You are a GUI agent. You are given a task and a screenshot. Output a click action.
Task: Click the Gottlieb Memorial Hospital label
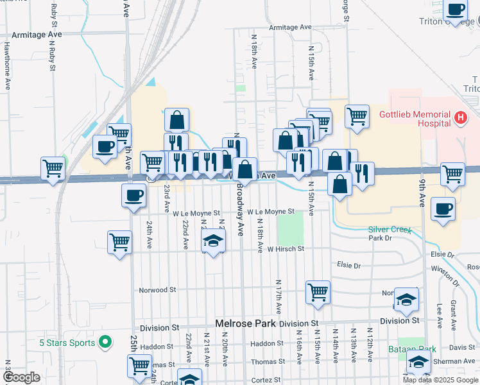[413, 118]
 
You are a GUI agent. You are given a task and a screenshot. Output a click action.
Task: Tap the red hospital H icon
[460, 118]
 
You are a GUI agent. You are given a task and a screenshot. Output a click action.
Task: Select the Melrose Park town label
[244, 323]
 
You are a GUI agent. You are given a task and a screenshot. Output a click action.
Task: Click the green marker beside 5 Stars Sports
[108, 342]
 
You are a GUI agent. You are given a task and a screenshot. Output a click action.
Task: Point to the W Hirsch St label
[286, 249]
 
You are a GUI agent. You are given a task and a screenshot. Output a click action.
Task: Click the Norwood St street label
[157, 290]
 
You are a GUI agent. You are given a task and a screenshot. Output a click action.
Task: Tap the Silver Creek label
[388, 229]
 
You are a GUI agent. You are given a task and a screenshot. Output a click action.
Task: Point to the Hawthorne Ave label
[7, 65]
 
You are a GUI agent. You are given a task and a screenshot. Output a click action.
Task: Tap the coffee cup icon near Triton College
[456, 11]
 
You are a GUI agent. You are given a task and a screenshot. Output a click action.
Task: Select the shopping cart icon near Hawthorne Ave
[53, 168]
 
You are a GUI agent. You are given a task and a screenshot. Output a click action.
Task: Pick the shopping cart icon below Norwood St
[318, 292]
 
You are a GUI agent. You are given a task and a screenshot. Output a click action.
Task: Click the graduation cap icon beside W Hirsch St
[214, 241]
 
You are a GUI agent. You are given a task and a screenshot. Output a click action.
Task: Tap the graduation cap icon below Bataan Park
[418, 363]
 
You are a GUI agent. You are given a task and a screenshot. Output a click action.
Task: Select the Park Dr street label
[380, 238]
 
